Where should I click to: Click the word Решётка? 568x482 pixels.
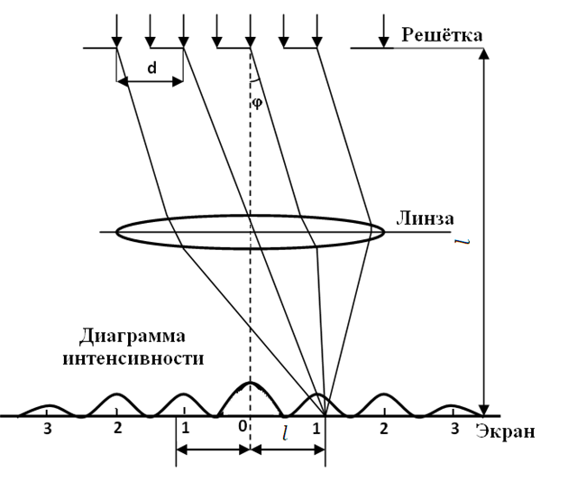click(442, 35)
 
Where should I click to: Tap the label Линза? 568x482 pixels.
click(425, 219)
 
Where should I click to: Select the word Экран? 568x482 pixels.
click(505, 431)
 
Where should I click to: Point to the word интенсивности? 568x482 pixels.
click(133, 358)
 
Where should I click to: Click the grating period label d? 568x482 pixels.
click(152, 68)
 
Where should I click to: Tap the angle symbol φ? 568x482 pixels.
click(257, 103)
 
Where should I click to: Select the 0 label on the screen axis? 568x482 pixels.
click(243, 427)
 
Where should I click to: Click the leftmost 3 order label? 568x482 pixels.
click(48, 429)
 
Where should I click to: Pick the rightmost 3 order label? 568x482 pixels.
click(455, 429)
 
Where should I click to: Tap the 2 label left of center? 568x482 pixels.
click(117, 428)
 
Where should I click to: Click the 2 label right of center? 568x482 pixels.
click(384, 429)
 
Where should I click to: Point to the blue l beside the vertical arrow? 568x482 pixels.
click(463, 241)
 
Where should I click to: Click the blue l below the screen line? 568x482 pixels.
click(286, 433)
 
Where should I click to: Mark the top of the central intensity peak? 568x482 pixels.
click(250, 383)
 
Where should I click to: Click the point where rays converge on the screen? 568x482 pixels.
click(325, 415)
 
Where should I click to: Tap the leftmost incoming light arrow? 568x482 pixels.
click(116, 31)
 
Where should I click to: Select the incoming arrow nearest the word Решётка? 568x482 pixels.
click(384, 31)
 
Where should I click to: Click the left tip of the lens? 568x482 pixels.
click(116, 232)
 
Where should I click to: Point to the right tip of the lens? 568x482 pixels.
click(384, 232)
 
